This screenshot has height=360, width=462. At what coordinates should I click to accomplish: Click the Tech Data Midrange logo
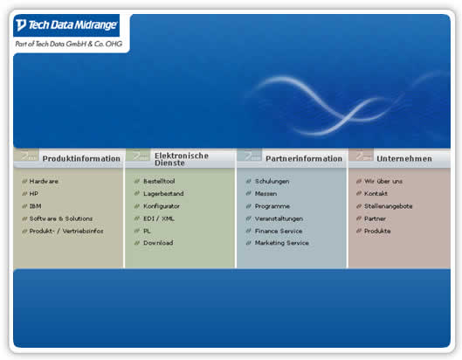coord(66,25)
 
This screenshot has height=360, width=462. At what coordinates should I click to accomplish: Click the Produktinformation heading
coord(81,159)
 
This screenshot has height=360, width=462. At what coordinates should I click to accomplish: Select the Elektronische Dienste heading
coord(182,159)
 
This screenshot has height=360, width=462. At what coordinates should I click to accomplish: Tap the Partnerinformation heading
coord(304,159)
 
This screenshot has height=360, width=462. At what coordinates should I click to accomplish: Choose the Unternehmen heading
coord(404,159)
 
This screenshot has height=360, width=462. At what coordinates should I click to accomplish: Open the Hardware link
coord(44,182)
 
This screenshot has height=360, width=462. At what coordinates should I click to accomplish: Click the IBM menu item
coord(35,206)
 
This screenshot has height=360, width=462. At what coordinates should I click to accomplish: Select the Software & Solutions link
coord(61,218)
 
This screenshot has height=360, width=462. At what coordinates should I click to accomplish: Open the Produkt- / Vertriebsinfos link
coord(66,232)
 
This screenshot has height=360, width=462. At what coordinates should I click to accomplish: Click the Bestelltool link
coord(159,182)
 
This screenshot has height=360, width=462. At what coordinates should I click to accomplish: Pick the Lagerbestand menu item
coord(163,194)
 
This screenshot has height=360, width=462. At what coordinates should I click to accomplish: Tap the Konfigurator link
coord(162,206)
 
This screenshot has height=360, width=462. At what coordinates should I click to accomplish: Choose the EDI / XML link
coord(159,218)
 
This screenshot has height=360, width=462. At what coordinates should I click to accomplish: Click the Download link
coord(158,243)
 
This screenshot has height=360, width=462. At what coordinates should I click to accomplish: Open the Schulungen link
coord(272,182)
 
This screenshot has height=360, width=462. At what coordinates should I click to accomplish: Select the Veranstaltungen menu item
coord(279,218)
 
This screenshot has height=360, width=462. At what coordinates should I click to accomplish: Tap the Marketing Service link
coord(282,243)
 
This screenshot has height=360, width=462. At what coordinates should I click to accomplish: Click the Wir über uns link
coord(383,182)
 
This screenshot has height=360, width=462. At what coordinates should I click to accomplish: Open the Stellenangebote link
coord(389,206)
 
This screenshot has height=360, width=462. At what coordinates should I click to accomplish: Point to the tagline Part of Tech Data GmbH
coord(69,44)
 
